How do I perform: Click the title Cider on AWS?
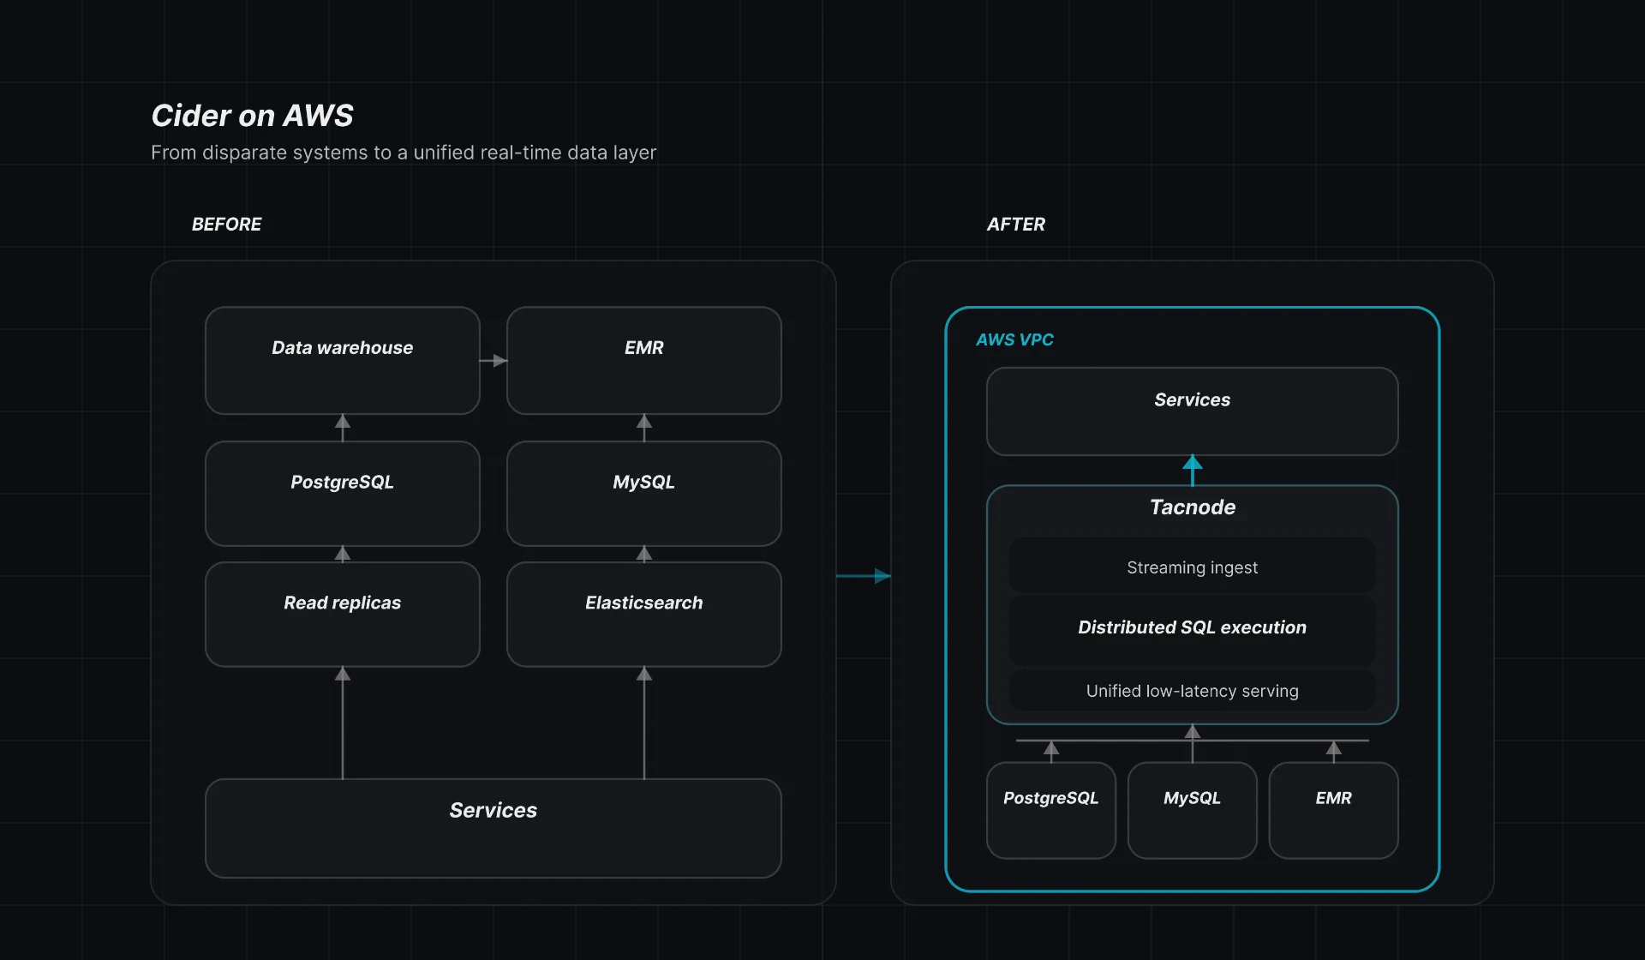click(x=252, y=116)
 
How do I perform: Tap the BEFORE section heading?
click(x=226, y=225)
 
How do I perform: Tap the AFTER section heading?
click(x=1015, y=225)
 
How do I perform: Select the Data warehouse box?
click(x=342, y=361)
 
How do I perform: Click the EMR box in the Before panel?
click(x=643, y=361)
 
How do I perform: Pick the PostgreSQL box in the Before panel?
click(x=342, y=494)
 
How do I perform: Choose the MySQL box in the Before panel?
click(x=643, y=494)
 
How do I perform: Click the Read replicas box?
click(x=342, y=614)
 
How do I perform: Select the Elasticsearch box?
click(x=643, y=614)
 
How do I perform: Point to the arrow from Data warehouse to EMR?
click(x=493, y=361)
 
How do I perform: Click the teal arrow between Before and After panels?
click(x=864, y=576)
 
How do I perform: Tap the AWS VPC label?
click(x=1014, y=340)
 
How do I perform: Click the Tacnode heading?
click(x=1192, y=507)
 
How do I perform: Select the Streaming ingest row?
click(x=1192, y=567)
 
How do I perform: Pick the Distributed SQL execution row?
click(x=1192, y=627)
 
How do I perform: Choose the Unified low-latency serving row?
click(x=1192, y=691)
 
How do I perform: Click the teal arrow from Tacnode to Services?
click(x=1192, y=470)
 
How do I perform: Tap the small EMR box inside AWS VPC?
click(x=1333, y=810)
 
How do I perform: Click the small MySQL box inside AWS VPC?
click(x=1192, y=810)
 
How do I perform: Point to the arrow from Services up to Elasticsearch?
click(x=644, y=722)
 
